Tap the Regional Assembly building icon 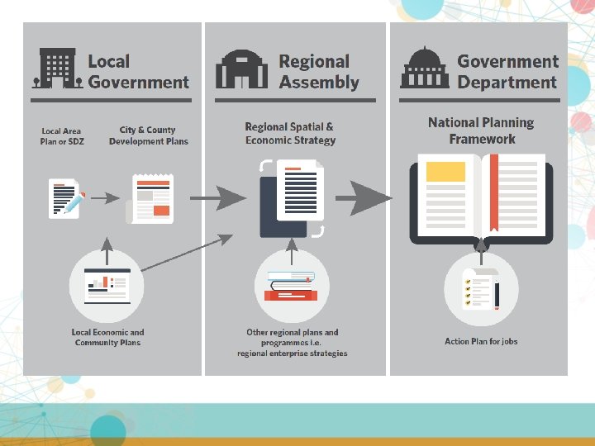coord(241,70)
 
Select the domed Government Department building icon coord(425,69)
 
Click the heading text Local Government coord(138,72)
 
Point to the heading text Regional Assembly coord(319,72)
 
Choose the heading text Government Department coord(507,72)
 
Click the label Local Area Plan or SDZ coord(62,136)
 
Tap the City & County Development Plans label coord(148,135)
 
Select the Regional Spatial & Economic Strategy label coord(290,134)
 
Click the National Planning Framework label coord(481,130)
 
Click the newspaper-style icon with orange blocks coord(152,198)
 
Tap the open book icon coord(481,199)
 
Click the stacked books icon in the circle coord(291,286)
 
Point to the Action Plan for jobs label coord(481,341)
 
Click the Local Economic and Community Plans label coord(107,338)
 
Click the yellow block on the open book coord(445,172)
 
